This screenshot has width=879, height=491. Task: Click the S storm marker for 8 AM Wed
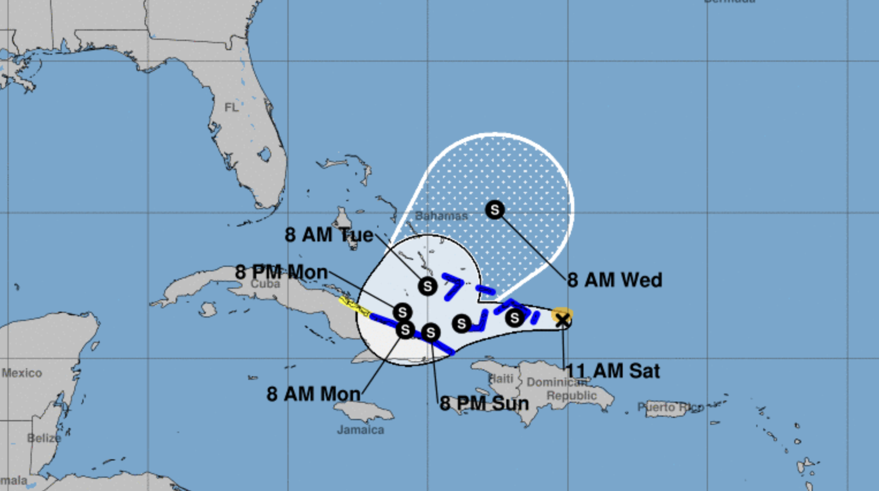click(x=495, y=210)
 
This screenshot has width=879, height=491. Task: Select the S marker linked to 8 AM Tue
click(x=427, y=286)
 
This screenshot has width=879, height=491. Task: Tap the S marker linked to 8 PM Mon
click(x=402, y=312)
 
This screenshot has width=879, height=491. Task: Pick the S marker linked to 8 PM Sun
click(x=431, y=333)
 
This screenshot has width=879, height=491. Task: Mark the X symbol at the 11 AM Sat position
click(x=562, y=320)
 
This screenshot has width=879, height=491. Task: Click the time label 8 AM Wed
click(x=615, y=280)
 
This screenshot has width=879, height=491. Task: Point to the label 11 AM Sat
click(x=612, y=371)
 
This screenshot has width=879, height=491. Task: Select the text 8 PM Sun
click(x=484, y=403)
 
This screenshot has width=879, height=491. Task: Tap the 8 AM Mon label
click(x=313, y=394)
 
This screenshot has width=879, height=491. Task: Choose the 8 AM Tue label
click(x=329, y=235)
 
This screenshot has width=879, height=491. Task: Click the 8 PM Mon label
click(x=281, y=272)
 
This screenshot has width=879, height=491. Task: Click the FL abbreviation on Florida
click(x=231, y=108)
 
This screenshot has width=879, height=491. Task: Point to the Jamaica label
click(x=361, y=430)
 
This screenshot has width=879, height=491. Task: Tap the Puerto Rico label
click(x=670, y=407)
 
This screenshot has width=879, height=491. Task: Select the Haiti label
click(x=501, y=379)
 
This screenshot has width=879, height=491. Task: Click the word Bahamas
click(x=441, y=216)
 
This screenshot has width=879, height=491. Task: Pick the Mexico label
click(x=22, y=373)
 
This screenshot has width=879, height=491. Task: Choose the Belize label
click(x=44, y=439)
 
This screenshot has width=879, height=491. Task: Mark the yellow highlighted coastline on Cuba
click(x=354, y=306)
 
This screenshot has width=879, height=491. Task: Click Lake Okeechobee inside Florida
click(x=264, y=154)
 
